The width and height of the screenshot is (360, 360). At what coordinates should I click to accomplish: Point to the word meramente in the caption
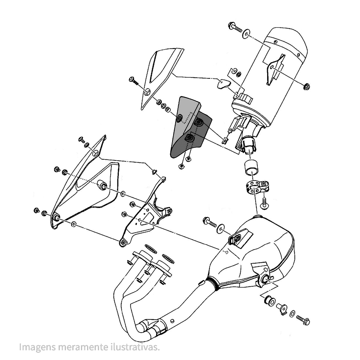[78, 347]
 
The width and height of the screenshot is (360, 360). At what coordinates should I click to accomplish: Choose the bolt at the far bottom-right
[303, 320]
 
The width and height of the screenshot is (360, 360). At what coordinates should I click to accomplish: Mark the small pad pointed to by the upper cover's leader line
[223, 84]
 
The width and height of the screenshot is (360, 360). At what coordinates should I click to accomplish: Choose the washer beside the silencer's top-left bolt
[246, 33]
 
